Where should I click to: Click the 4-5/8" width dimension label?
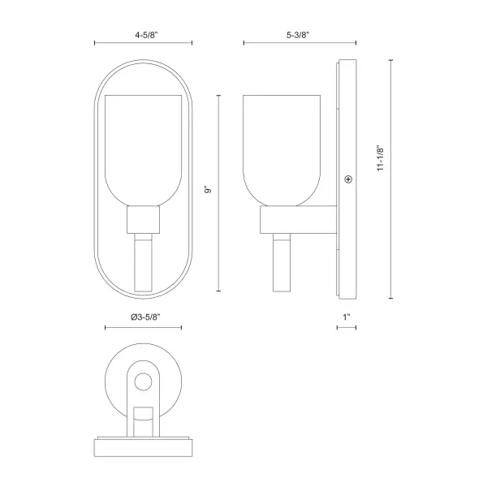(146, 35)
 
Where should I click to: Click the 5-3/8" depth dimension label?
(298, 35)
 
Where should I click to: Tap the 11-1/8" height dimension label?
(381, 157)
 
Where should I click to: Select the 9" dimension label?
(208, 189)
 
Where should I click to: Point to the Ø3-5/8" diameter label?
(145, 317)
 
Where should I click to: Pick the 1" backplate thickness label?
(347, 317)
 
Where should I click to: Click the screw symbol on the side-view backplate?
(348, 179)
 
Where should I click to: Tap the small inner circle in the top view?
(143, 381)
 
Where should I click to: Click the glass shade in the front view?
(143, 150)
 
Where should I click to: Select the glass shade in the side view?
(282, 150)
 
